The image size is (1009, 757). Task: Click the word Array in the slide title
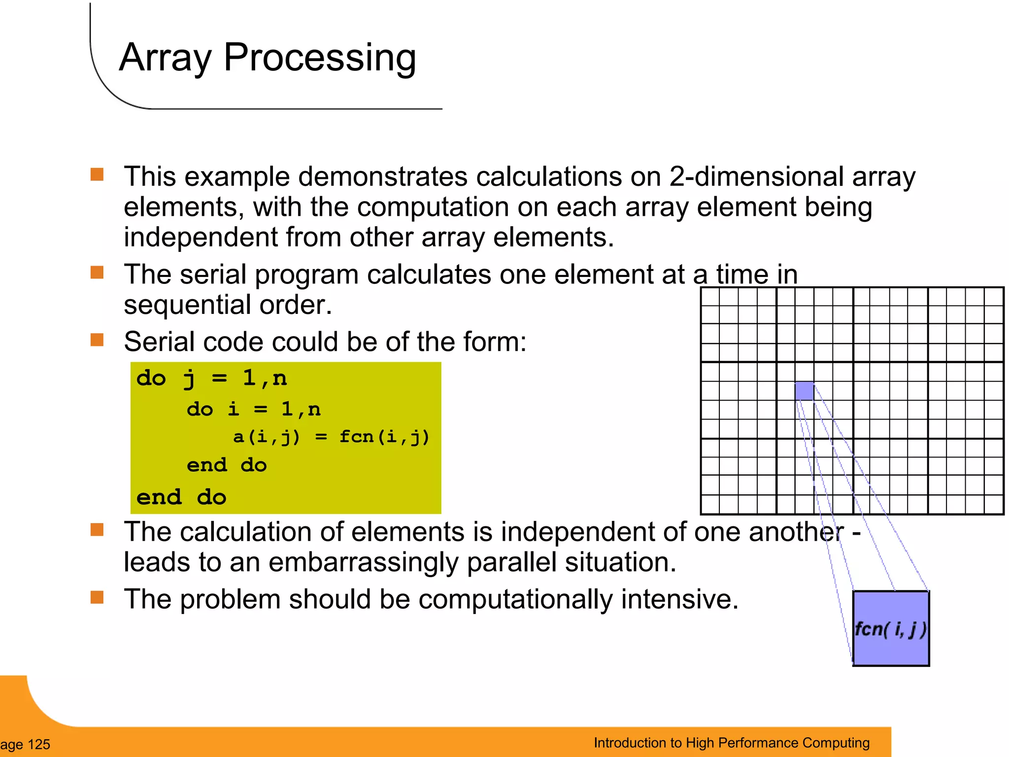(x=165, y=58)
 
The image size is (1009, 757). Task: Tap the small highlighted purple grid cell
(x=804, y=391)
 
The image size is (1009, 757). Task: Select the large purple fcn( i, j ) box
(x=891, y=629)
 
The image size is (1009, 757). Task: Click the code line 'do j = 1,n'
(x=211, y=378)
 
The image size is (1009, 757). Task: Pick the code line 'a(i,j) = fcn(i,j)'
(x=331, y=437)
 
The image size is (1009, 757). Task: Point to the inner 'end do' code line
(x=227, y=465)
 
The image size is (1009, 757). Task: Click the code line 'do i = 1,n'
(x=253, y=409)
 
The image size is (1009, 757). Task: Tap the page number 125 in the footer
(x=38, y=744)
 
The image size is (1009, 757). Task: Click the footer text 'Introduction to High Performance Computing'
(x=731, y=743)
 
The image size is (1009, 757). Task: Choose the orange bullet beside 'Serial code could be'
(x=97, y=340)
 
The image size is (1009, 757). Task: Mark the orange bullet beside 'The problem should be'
(x=97, y=597)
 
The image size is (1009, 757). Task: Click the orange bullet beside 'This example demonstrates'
(x=97, y=174)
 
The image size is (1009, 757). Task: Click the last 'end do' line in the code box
(x=181, y=497)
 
